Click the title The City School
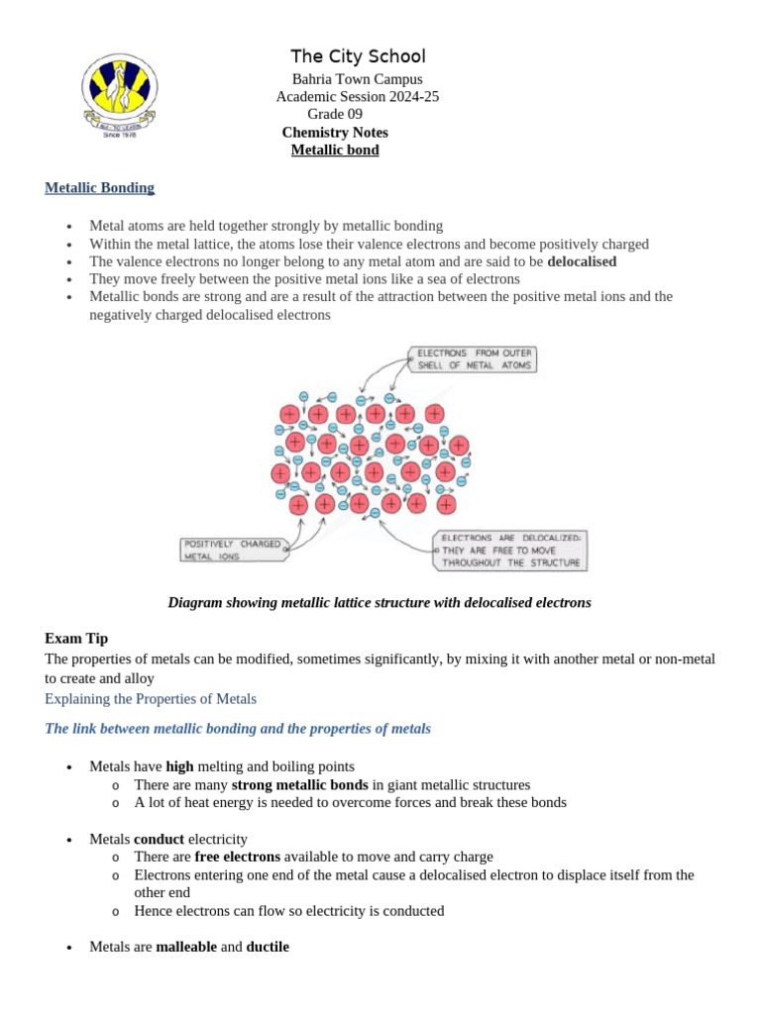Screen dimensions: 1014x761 (358, 56)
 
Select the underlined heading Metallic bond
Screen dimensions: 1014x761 (335, 151)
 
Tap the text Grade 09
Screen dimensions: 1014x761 (335, 115)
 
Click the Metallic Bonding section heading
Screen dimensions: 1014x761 (99, 187)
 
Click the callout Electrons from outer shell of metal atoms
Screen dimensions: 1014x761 (475, 358)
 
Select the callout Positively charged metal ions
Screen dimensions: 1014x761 (231, 550)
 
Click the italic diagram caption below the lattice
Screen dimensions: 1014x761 (380, 602)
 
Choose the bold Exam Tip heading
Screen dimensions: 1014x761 (76, 639)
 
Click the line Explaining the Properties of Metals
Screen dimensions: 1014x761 (151, 699)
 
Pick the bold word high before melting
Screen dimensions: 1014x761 (179, 766)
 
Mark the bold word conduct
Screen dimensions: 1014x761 (160, 839)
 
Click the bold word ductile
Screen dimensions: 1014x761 (268, 947)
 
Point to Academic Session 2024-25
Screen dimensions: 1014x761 (357, 97)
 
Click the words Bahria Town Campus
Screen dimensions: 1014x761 (357, 79)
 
